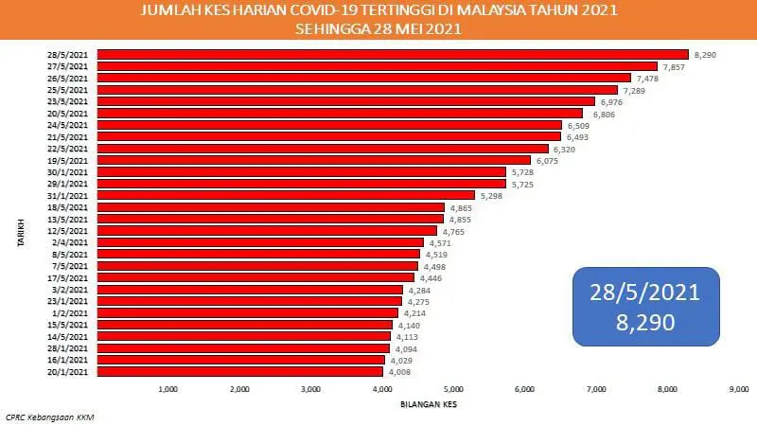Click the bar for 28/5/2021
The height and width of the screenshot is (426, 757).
393,55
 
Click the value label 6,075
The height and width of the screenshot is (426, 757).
548,161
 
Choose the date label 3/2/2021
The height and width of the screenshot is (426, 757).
74,290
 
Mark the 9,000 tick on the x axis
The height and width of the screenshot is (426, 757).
739,389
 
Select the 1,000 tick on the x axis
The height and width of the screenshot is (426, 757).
168,389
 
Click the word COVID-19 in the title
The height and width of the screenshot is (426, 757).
294,11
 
